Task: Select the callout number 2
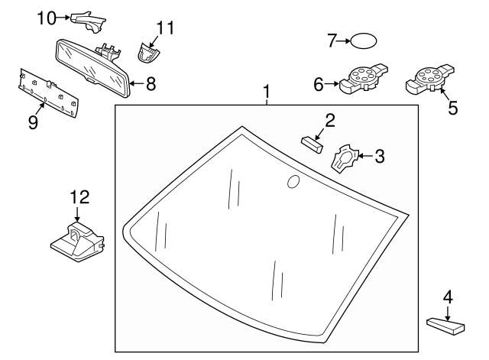(330, 120)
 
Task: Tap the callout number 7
(332, 41)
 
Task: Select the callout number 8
(151, 83)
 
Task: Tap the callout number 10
(47, 17)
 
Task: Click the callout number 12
(79, 197)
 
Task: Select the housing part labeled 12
(76, 239)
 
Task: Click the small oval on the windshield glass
(293, 181)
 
